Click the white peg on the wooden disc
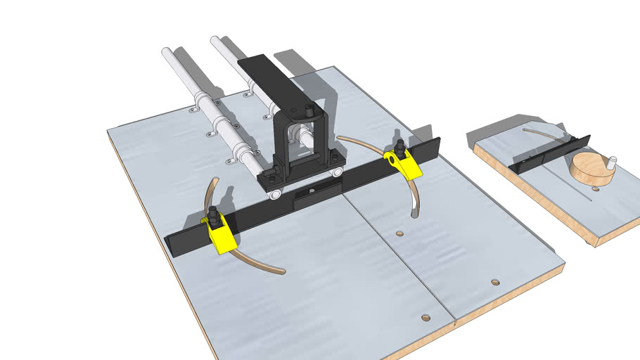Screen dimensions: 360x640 click(611, 161)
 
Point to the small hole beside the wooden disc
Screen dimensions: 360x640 click(594, 188)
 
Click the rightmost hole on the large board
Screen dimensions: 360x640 click(495, 282)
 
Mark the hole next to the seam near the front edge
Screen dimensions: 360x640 click(425, 318)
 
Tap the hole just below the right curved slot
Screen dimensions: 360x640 click(399, 233)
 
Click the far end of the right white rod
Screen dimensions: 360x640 click(215, 40)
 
